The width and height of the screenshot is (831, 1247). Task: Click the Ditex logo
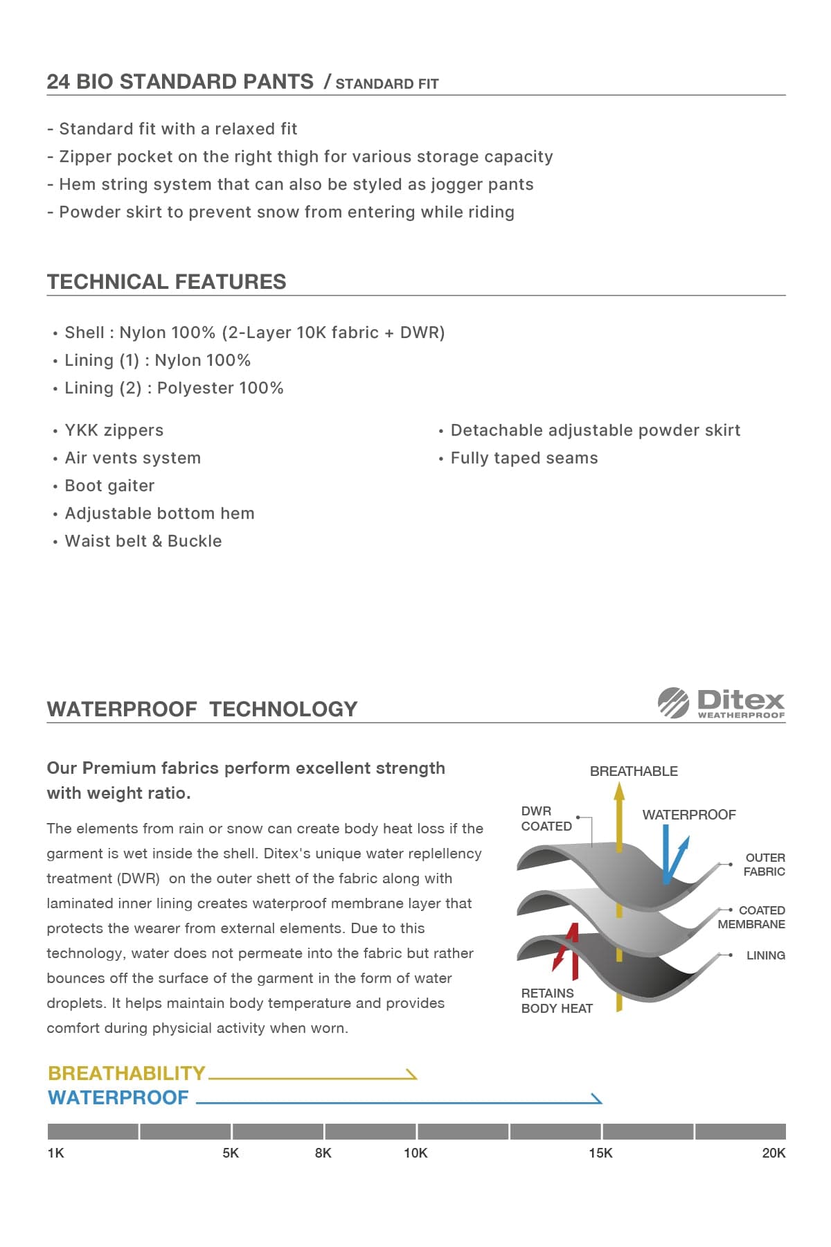click(x=722, y=703)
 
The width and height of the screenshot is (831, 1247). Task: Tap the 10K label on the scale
click(x=415, y=1153)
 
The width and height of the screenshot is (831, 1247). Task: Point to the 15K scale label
click(x=600, y=1153)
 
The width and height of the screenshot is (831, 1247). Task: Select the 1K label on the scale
click(x=55, y=1153)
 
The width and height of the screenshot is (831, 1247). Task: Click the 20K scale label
click(x=774, y=1153)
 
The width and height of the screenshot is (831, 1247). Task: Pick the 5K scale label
click(x=231, y=1153)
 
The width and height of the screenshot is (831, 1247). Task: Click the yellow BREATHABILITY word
click(x=127, y=1073)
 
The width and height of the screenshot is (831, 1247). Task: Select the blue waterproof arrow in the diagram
click(x=672, y=856)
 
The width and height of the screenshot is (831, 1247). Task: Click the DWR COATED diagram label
click(x=546, y=818)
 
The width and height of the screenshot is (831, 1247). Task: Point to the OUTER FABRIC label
click(x=765, y=865)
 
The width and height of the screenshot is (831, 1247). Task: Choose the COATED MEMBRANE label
click(x=752, y=917)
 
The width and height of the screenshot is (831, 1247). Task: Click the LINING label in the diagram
click(x=765, y=955)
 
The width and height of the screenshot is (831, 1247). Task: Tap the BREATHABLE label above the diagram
click(x=634, y=771)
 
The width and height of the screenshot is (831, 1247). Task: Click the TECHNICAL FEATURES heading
click(x=166, y=282)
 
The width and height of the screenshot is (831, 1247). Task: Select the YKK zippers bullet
click(x=114, y=430)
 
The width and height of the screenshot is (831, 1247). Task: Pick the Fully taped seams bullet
click(x=524, y=458)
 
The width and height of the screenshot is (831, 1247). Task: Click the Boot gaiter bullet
click(x=109, y=486)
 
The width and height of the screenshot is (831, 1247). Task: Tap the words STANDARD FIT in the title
click(x=387, y=84)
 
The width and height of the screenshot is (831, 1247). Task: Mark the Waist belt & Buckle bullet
click(x=143, y=541)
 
